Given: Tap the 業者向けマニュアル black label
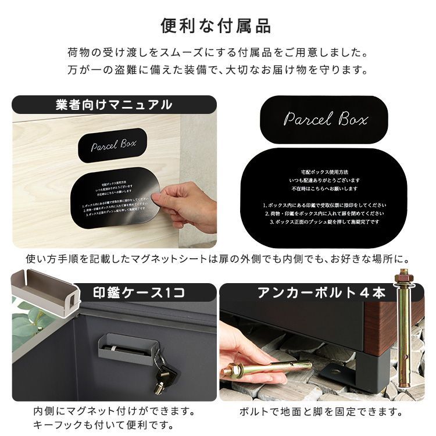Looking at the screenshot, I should point(114,105).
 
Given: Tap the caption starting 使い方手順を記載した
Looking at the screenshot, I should point(217,258).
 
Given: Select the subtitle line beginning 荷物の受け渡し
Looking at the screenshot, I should point(217,53).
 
